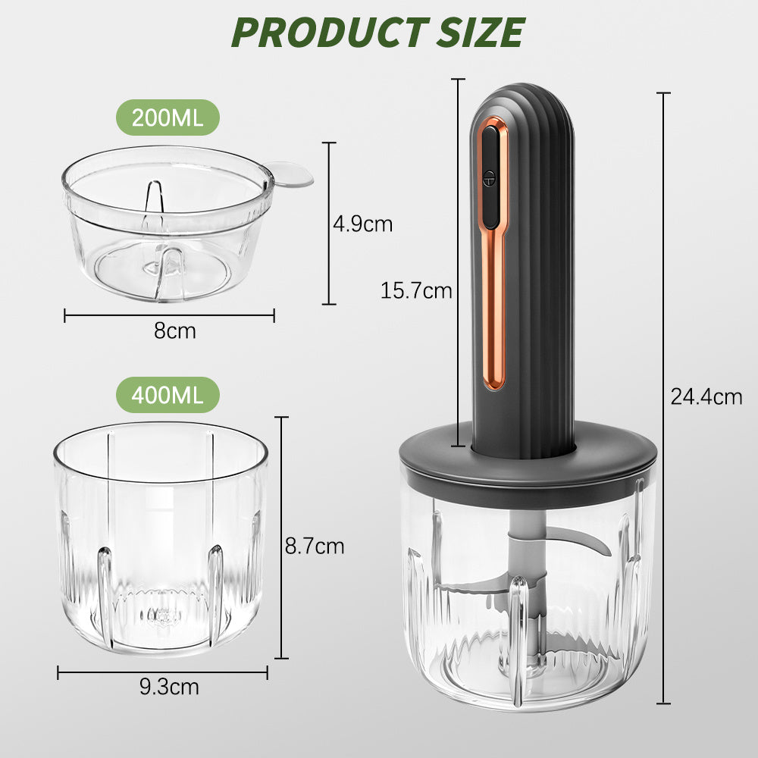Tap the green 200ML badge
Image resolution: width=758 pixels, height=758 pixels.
(168, 117)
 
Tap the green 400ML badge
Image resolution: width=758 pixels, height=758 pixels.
(168, 395)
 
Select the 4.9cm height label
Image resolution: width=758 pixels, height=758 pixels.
(362, 224)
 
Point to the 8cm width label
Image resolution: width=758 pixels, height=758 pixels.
(175, 331)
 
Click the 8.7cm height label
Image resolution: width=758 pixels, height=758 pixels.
(315, 547)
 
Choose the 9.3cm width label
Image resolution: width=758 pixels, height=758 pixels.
(169, 687)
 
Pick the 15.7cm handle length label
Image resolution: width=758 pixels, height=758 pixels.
(415, 290)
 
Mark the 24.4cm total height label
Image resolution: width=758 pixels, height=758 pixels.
(706, 397)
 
